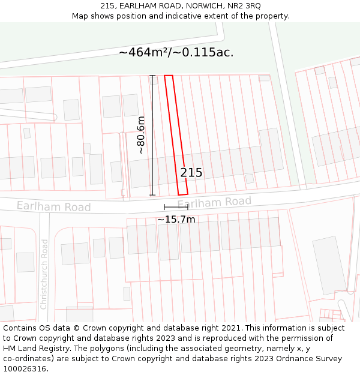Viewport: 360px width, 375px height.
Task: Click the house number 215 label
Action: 191,173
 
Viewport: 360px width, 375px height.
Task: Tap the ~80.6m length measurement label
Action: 141,135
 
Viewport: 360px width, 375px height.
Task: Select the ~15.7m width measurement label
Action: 176,220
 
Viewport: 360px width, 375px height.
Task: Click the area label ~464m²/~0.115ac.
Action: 176,52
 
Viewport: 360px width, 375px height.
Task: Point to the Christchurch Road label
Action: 44,274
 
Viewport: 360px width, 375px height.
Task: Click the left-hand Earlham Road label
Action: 53,206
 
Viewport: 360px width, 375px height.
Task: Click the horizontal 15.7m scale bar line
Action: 176,207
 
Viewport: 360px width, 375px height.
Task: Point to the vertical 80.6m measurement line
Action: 152,135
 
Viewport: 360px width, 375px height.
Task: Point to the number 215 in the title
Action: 108,5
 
